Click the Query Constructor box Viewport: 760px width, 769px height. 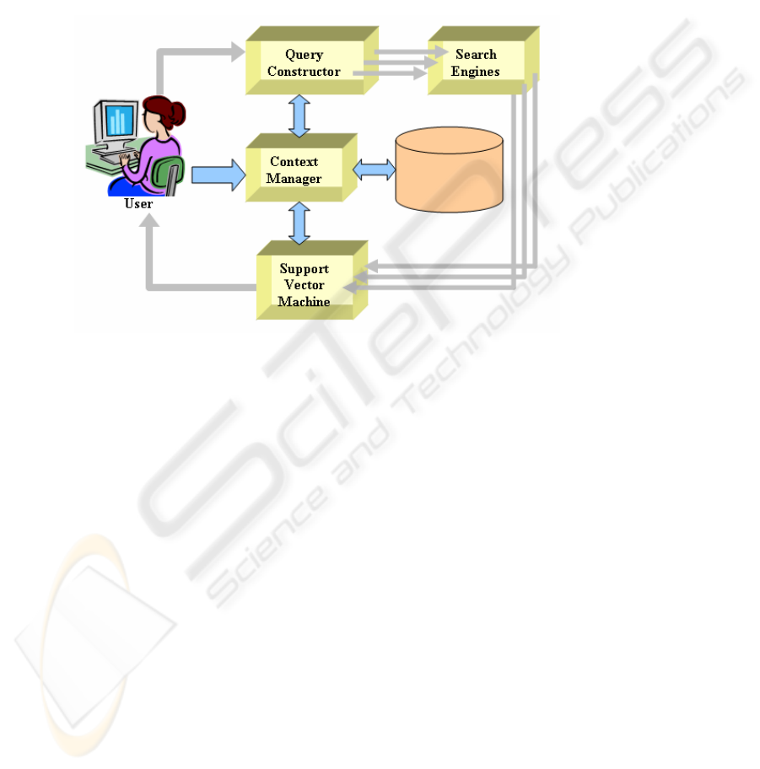[312, 61]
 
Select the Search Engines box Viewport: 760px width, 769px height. [483, 61]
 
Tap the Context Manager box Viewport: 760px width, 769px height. [301, 167]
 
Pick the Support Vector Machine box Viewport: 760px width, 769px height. [312, 280]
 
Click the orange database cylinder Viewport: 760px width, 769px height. [449, 169]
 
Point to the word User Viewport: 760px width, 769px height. [138, 203]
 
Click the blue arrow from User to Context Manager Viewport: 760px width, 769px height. [218, 175]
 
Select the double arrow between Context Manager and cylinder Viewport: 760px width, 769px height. [374, 169]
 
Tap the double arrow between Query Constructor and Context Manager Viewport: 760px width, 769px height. [299, 116]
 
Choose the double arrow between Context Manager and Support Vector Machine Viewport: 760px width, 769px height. [299, 223]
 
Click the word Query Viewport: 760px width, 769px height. [305, 55]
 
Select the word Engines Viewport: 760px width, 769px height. [475, 72]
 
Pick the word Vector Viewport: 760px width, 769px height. [305, 285]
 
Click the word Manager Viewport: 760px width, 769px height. [294, 179]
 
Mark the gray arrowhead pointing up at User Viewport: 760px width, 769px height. [149, 220]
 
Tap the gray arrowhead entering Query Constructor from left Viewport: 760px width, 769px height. [238, 51]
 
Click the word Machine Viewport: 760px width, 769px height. [305, 301]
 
